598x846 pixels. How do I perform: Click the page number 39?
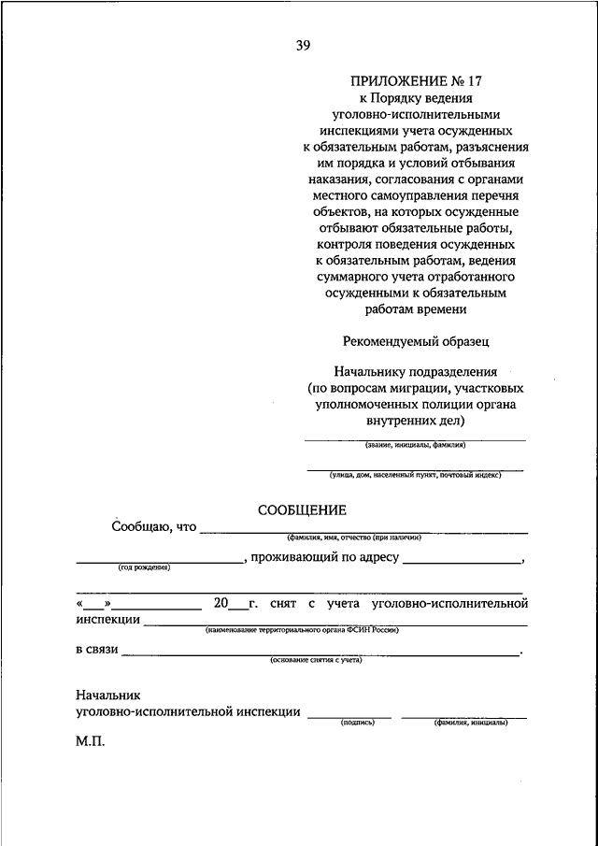[x=304, y=44]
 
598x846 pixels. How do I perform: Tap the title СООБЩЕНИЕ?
[x=302, y=509]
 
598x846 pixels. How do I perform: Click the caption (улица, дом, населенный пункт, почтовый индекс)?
[x=415, y=475]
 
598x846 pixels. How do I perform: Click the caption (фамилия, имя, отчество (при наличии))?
[x=355, y=538]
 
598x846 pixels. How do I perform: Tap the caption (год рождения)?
[x=144, y=567]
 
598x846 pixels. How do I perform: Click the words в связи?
[x=97, y=650]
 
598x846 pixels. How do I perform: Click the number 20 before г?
[x=221, y=603]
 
